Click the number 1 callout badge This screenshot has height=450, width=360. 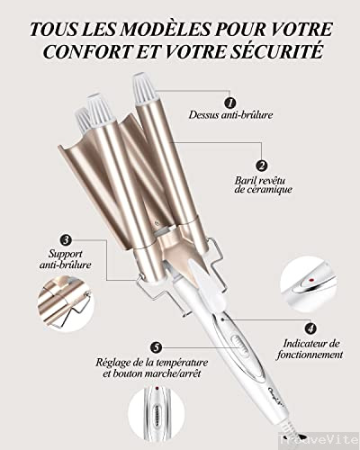[x=229, y=103]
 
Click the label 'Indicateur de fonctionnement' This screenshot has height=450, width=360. [x=310, y=348]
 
